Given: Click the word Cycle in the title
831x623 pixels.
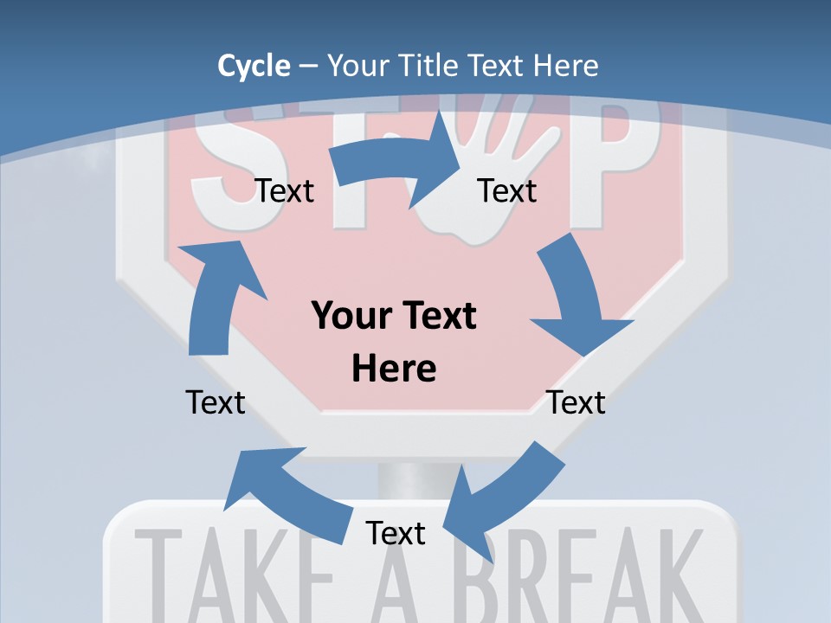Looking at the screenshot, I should pyautogui.click(x=254, y=66).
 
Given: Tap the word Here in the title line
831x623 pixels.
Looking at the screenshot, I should pyautogui.click(x=564, y=66).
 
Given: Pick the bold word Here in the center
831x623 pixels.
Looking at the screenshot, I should pyautogui.click(x=394, y=369).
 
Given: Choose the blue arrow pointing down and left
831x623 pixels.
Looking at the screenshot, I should pyautogui.click(x=502, y=502).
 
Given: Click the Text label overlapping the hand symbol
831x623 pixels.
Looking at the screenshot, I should pyautogui.click(x=507, y=190).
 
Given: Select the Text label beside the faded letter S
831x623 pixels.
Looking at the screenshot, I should pyautogui.click(x=285, y=190).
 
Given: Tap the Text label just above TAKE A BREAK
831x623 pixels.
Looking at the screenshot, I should pyautogui.click(x=396, y=533).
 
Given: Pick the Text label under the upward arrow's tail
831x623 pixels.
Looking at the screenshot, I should pyautogui.click(x=216, y=401).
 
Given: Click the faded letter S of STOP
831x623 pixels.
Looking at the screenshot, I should pyautogui.click(x=221, y=164).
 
